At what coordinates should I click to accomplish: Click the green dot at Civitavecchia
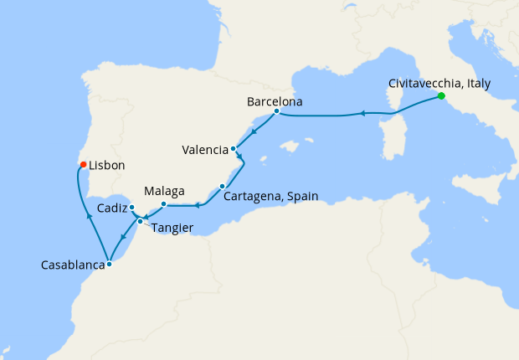[x=440, y=97]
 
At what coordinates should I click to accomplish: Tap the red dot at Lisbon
[x=83, y=163]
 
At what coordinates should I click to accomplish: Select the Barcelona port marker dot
[x=276, y=111]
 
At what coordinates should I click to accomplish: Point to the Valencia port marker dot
[x=233, y=149]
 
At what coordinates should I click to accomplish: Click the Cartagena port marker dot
[x=222, y=186]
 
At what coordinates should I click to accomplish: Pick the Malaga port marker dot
[x=163, y=204]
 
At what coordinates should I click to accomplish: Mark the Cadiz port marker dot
[x=132, y=207]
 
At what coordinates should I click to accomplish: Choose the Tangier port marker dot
[x=140, y=222]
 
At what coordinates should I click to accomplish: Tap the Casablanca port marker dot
[x=110, y=265]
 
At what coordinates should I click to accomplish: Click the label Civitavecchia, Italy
[x=439, y=84]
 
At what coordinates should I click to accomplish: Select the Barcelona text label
[x=275, y=102]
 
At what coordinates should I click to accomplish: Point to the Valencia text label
[x=205, y=151]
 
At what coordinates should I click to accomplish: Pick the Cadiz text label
[x=111, y=208]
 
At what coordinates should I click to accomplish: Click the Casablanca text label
[x=72, y=266]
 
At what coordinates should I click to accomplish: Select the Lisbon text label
[x=106, y=166]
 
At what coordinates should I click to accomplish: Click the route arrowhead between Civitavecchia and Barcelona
[x=362, y=112]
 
